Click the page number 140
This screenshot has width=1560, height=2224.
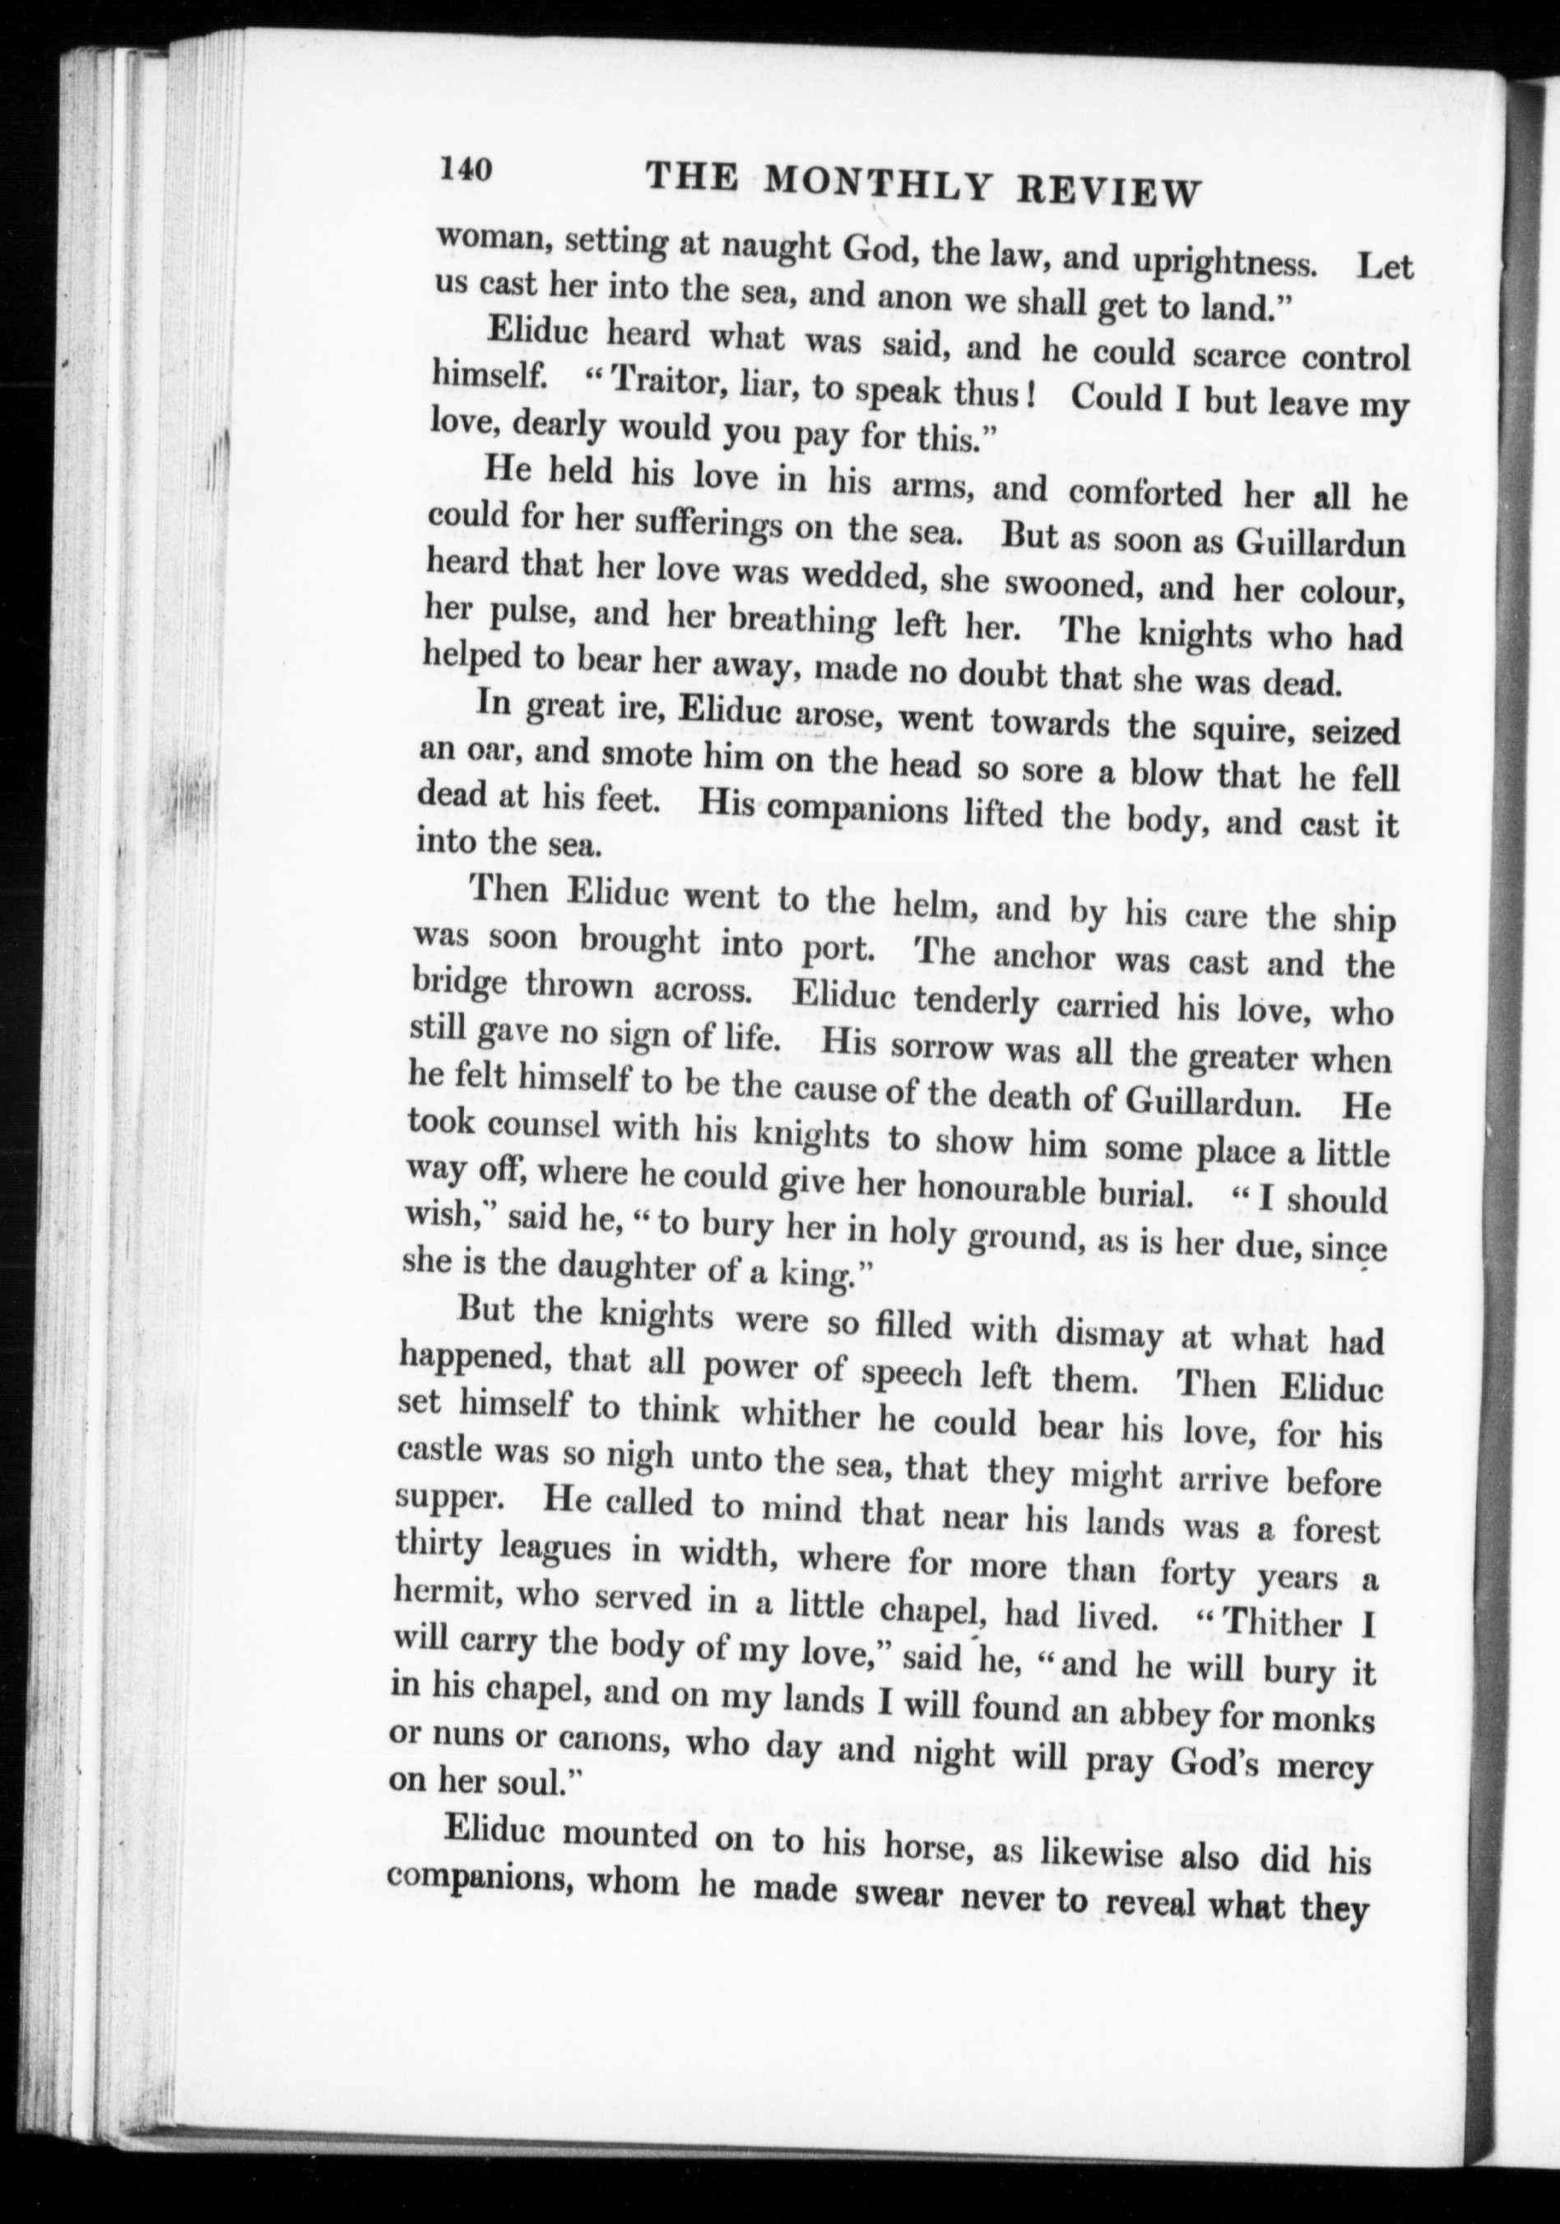tap(467, 169)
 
